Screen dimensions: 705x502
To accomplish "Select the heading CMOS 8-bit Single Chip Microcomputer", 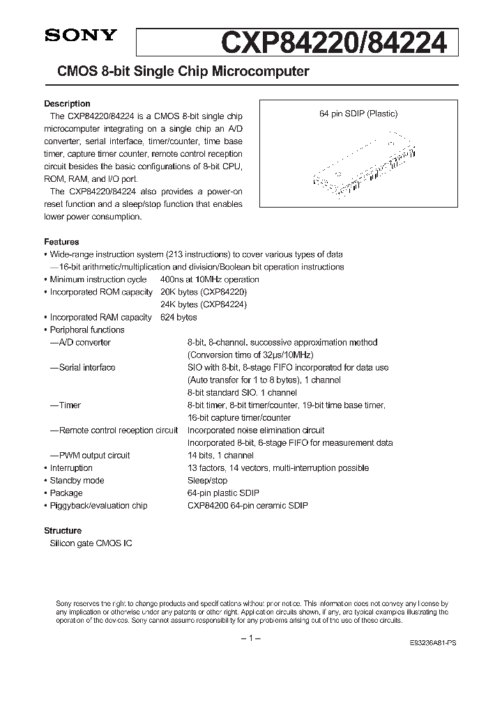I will pos(177,72).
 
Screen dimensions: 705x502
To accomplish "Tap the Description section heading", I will pos(67,104).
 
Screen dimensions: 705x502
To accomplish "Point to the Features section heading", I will pos(61,242).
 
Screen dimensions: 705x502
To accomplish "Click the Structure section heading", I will pos(63,530).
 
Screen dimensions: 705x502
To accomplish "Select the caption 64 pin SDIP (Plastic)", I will pos(358,114).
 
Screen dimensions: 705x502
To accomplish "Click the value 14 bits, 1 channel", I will pos(220,455).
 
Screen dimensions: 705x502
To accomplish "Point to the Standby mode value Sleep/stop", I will pos(207,480).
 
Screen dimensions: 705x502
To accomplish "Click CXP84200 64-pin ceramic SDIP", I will pos(247,505).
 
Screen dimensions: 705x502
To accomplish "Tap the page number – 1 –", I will pos(250,638).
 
